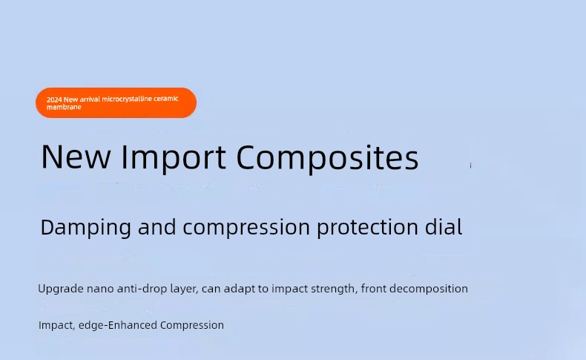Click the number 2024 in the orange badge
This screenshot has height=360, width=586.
coord(55,99)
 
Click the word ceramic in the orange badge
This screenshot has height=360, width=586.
coord(166,98)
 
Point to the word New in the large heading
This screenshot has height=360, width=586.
coord(76,157)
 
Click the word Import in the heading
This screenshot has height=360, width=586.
coord(174,158)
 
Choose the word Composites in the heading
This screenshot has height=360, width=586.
coord(327,158)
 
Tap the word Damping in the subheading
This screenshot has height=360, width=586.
coord(85,227)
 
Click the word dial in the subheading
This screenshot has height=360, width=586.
coord(444,226)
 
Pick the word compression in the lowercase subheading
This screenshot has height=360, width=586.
coord(246,227)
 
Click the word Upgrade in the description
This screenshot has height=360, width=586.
coord(61,289)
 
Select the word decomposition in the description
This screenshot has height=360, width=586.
coord(428,289)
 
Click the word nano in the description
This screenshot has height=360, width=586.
coord(100,289)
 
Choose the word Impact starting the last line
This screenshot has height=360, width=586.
coord(57,325)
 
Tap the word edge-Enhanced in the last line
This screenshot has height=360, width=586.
coord(118,325)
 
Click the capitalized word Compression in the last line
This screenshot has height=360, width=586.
coord(192,325)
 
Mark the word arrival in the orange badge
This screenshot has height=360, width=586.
coord(90,99)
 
